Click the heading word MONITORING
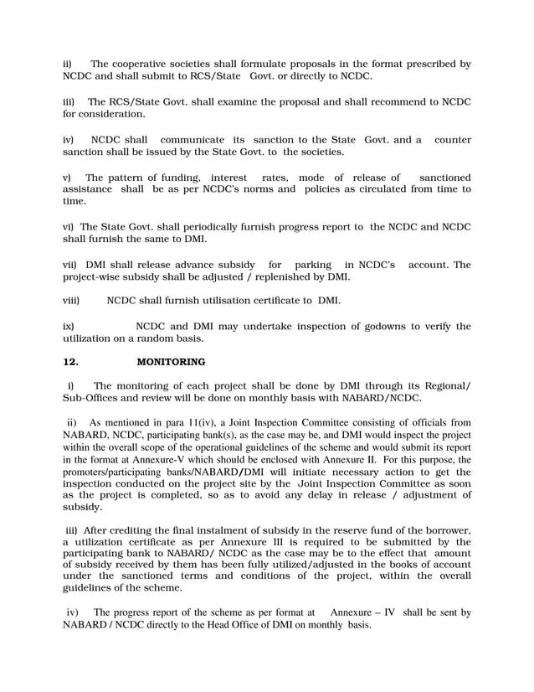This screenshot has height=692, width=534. pyautogui.click(x=171, y=362)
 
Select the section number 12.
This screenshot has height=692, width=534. pyautogui.click(x=71, y=362)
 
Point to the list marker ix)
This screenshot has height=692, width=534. pyautogui.click(x=69, y=326)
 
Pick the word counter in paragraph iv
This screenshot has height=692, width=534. pyautogui.click(x=452, y=139)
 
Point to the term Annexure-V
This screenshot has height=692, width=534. pyautogui.click(x=190, y=460)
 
